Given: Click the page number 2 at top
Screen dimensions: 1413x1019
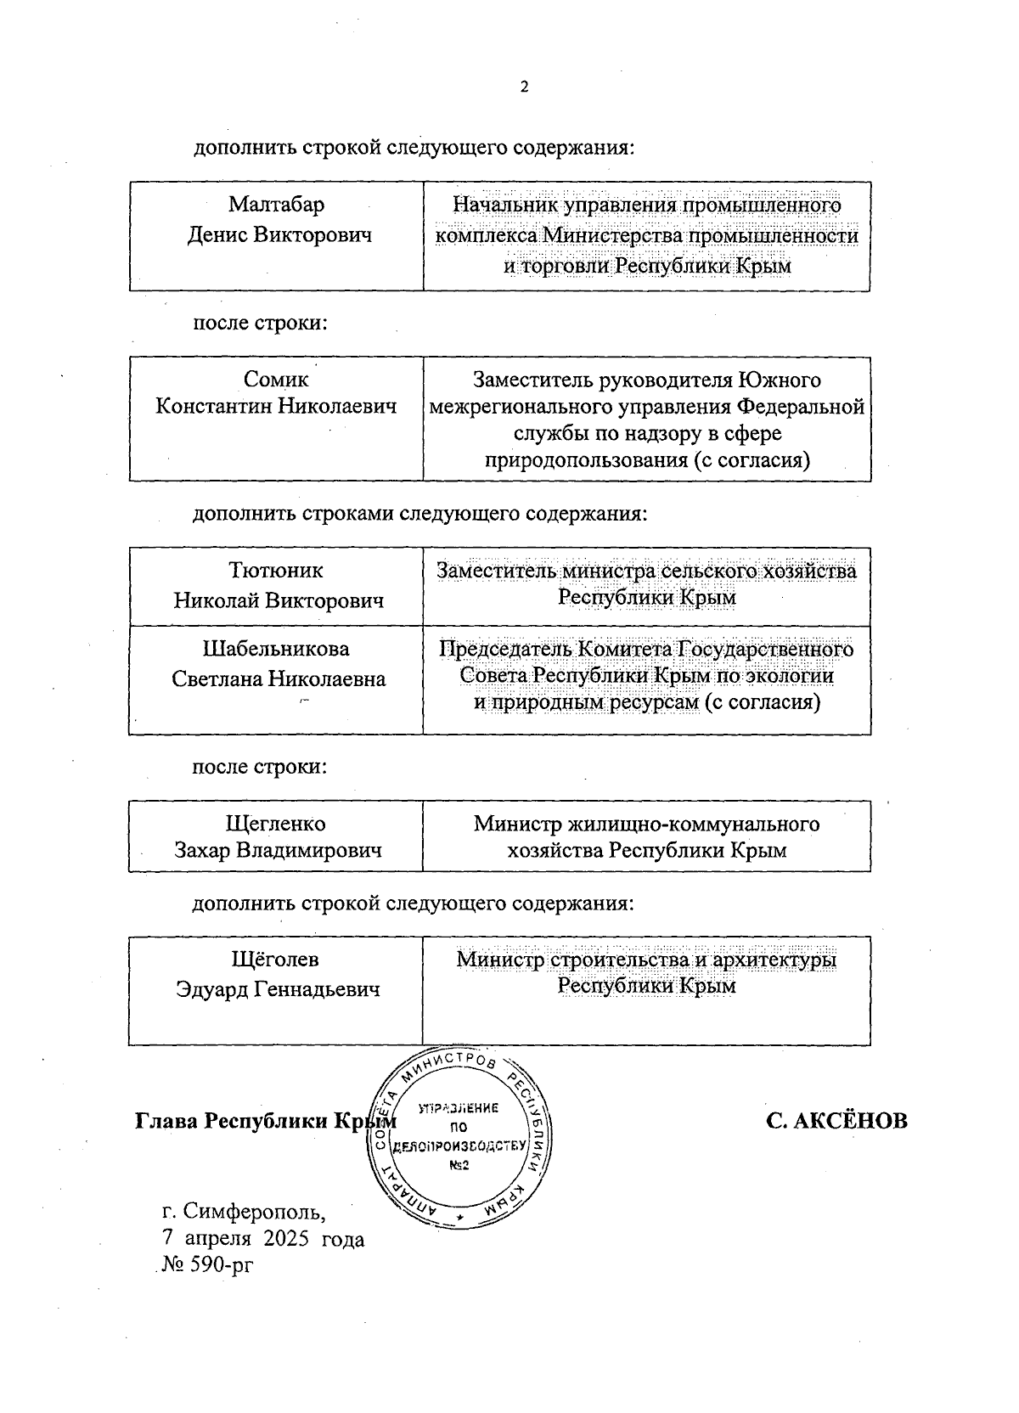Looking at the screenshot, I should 524,87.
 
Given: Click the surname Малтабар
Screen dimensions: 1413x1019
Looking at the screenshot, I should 277,205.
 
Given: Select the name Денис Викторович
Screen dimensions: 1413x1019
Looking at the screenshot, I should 279,234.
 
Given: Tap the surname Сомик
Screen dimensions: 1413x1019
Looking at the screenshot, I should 276,380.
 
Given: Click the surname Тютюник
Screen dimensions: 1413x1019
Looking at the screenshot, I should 276,570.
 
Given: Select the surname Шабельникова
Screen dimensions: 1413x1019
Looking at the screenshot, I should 276,649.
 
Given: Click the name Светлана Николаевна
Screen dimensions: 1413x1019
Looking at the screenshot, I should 279,678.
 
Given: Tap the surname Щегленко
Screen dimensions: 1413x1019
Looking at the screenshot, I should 276,824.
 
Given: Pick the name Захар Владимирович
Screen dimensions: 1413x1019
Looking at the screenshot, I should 278,850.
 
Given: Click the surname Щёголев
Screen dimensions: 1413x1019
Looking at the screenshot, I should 276,960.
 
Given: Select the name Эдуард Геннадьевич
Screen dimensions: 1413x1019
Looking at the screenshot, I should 278,989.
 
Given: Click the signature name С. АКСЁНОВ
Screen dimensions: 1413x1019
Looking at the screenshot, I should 836,1121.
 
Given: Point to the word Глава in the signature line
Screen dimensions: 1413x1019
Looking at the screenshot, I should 171,1121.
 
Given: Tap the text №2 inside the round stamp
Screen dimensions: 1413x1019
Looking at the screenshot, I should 459,1165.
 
